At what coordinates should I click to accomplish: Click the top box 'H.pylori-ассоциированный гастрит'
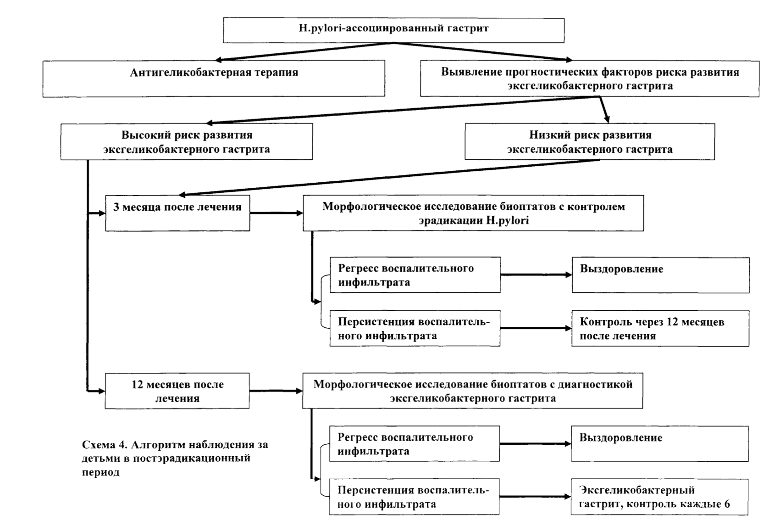point(393,30)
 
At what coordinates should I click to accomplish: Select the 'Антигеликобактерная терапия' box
point(214,78)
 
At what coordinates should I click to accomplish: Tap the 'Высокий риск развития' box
point(187,142)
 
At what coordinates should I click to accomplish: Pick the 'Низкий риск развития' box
point(590,142)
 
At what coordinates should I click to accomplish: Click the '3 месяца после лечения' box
point(177,213)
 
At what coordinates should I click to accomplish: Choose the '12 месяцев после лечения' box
point(177,391)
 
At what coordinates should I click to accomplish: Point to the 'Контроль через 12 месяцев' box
point(660,329)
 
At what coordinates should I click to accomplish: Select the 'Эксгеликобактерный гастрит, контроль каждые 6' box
point(660,497)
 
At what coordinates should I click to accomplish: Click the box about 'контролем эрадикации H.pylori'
point(473,213)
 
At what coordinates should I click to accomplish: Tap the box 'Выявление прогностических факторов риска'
point(590,79)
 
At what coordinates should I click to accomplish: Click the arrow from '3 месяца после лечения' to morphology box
point(276,213)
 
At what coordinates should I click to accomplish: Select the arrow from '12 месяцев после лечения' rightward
point(276,391)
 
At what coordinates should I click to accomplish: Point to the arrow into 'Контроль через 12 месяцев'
point(536,328)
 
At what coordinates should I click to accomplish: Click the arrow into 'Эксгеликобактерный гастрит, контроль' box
point(535,497)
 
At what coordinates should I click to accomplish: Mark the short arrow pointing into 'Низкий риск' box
point(604,110)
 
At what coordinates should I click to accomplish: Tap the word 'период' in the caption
point(100,473)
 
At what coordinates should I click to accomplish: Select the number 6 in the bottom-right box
point(727,504)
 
